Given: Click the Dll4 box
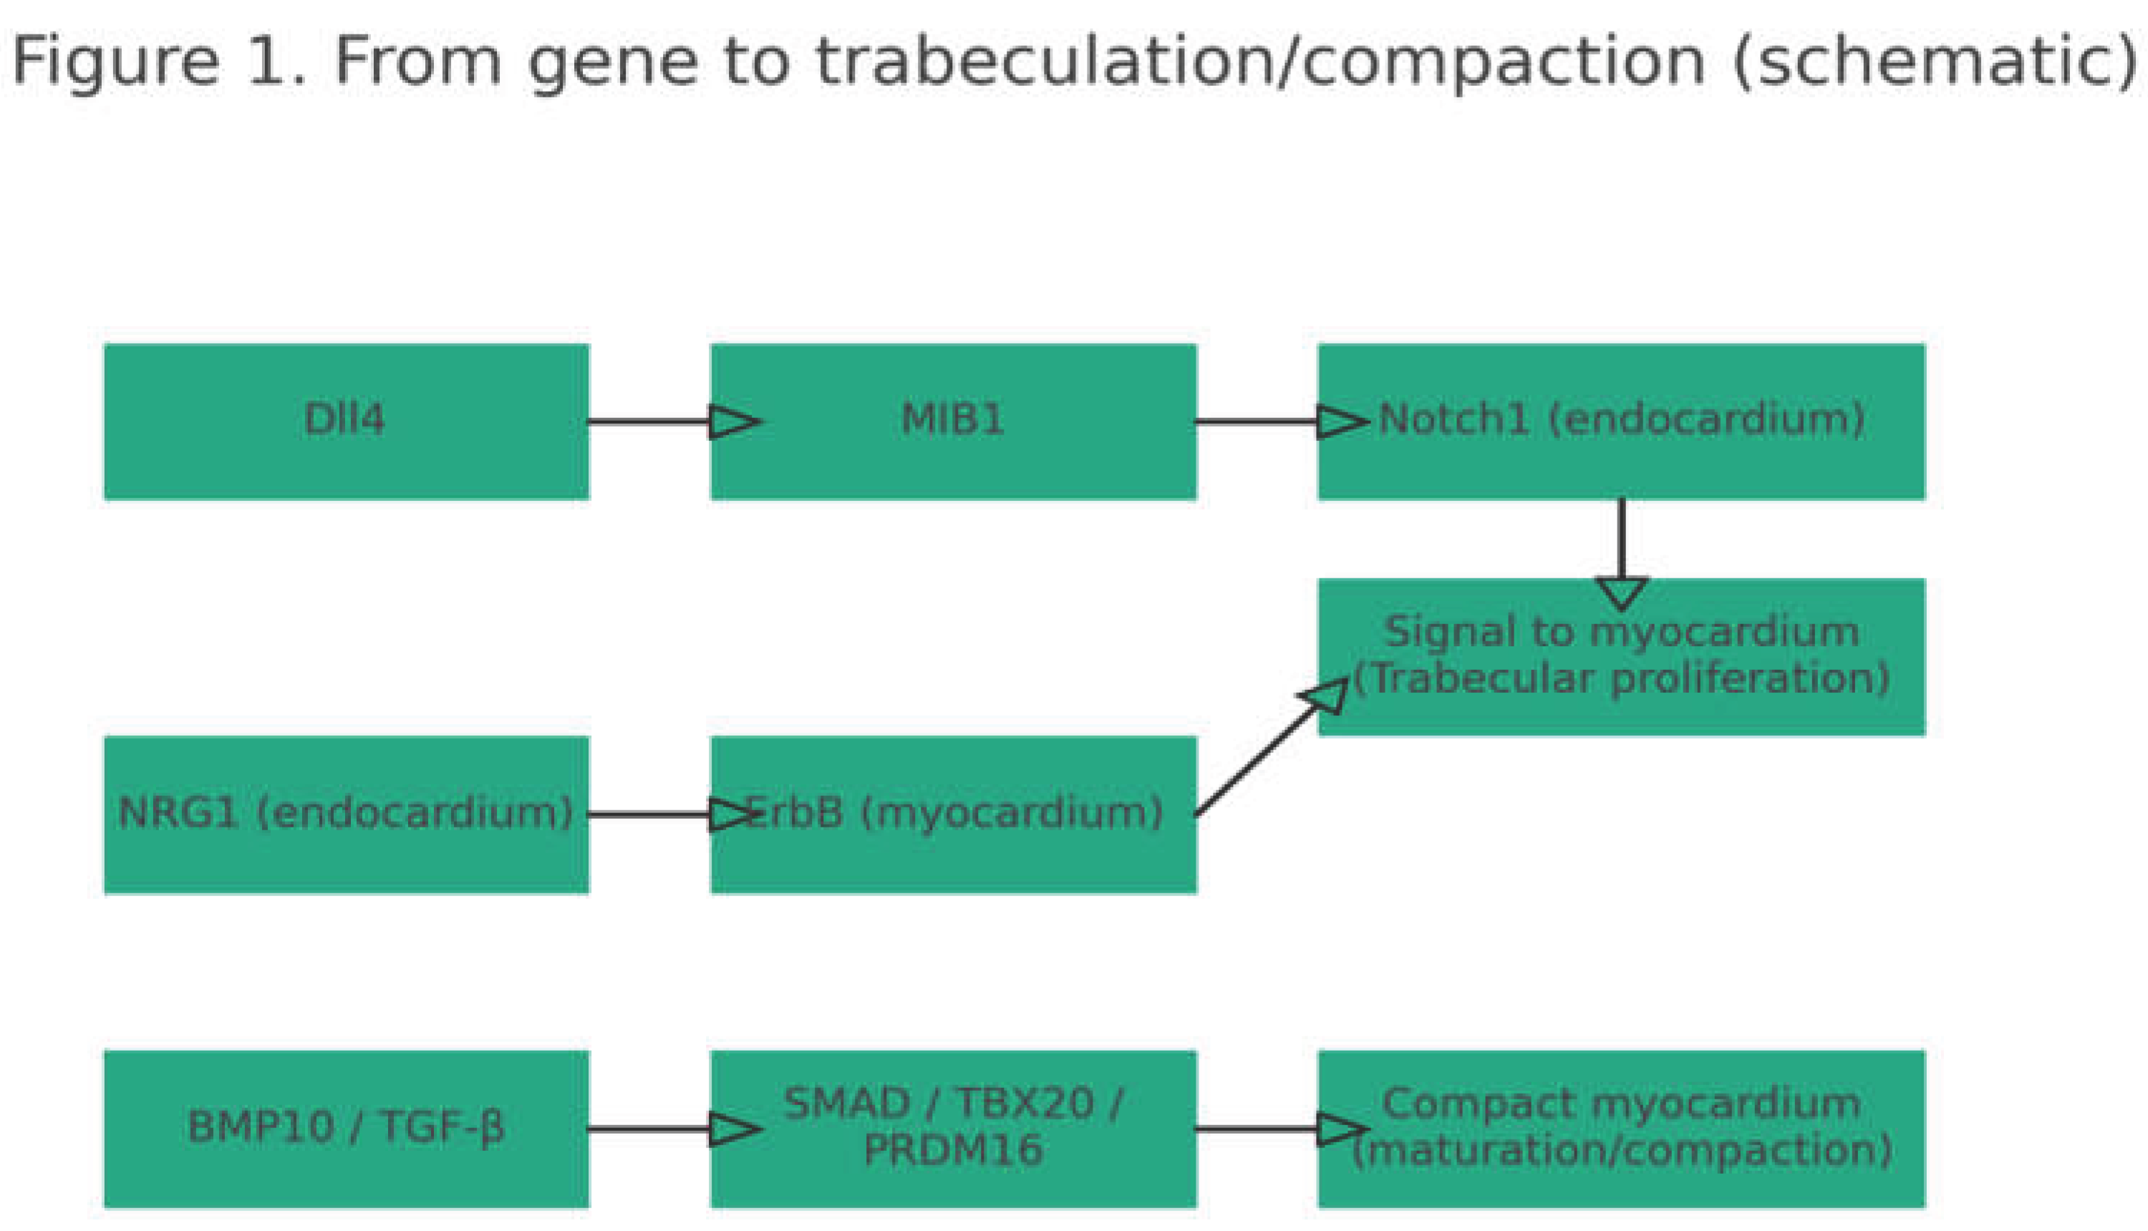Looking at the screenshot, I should point(346,421).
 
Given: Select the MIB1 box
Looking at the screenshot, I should point(953,421).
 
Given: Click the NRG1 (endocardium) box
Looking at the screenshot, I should point(346,814).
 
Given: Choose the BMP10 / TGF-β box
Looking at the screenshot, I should point(346,1128).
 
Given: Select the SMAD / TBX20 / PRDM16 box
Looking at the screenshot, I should point(953,1128).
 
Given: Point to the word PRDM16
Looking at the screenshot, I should point(953,1151).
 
